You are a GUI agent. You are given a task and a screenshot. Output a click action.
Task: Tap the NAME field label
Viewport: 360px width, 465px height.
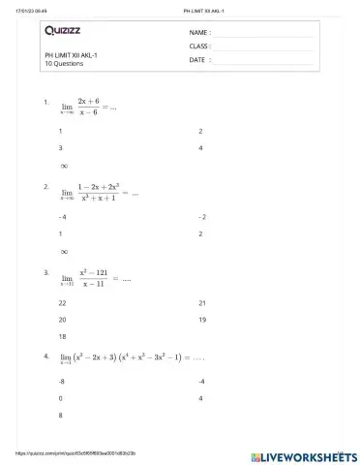200,32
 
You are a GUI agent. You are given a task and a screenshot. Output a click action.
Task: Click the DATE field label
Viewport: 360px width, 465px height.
198,59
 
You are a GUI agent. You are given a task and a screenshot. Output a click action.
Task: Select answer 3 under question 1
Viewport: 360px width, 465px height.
61,147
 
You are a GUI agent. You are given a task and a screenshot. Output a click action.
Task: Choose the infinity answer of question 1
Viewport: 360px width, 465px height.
64,165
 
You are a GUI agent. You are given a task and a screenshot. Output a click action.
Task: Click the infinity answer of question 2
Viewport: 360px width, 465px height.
64,251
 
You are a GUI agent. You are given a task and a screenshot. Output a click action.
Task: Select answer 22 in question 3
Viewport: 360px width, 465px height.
63,303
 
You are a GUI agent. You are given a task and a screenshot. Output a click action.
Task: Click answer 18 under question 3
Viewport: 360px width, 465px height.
63,336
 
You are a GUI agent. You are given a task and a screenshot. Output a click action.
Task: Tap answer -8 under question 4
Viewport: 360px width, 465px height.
62,382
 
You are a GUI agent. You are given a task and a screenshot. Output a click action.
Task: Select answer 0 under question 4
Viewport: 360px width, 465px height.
61,398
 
